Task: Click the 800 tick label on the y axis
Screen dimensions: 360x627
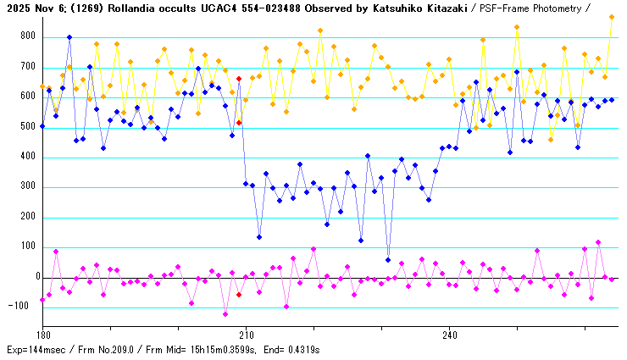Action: click(x=31, y=37)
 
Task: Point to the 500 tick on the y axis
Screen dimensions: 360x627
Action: click(x=31, y=127)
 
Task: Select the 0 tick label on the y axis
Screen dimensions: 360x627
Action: click(x=36, y=277)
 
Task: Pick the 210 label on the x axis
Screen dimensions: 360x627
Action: click(x=246, y=334)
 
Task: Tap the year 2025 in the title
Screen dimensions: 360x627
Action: click(x=16, y=7)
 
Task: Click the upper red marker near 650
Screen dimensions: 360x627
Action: click(x=239, y=78)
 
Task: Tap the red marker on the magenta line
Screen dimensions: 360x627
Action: click(x=239, y=295)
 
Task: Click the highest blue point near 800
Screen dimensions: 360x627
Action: click(x=69, y=37)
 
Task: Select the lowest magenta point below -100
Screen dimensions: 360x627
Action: click(x=225, y=314)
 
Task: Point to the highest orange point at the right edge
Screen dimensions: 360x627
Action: click(x=612, y=17)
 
